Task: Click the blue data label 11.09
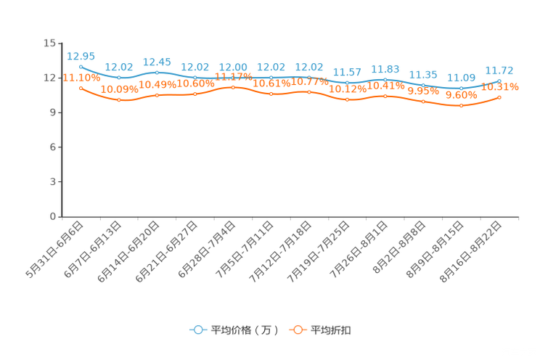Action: pyautogui.click(x=461, y=77)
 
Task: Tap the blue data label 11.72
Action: pyautogui.click(x=499, y=70)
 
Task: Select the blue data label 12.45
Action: pyautogui.click(x=157, y=61)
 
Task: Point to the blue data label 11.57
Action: pyautogui.click(x=347, y=71)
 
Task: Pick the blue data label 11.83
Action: pyautogui.click(x=385, y=68)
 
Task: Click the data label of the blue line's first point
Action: pyautogui.click(x=81, y=56)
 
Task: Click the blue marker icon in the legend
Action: pyautogui.click(x=197, y=330)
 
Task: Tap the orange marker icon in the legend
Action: pyautogui.click(x=297, y=330)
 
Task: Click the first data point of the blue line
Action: pyautogui.click(x=81, y=66)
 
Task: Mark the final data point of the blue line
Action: pyautogui.click(x=499, y=80)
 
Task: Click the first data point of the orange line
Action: pyautogui.click(x=81, y=88)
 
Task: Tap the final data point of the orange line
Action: pyautogui.click(x=499, y=97)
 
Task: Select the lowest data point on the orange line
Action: pyautogui.click(x=461, y=106)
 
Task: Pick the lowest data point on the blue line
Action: pyautogui.click(x=461, y=88)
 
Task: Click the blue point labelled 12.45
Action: pyautogui.click(x=157, y=72)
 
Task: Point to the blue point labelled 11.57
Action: pyautogui.click(x=347, y=82)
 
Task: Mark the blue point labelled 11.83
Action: pyautogui.click(x=385, y=78)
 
